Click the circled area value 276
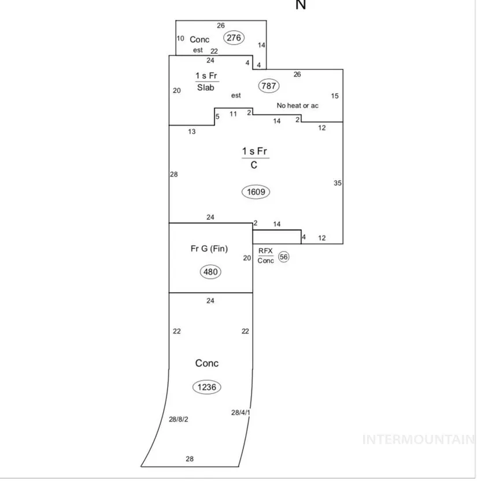pos(234,38)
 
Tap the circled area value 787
pos(269,86)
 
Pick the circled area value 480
pos(210,271)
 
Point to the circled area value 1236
pos(206,387)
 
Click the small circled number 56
pos(283,257)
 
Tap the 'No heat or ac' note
pos(298,106)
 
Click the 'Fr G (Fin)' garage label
pos(209,249)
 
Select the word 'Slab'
pos(206,88)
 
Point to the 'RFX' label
pos(265,250)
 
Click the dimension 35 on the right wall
pos(338,183)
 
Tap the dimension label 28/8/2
pos(179,419)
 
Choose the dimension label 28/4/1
pos(240,413)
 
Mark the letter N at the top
pos(301,5)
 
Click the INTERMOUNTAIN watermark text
pos(419,440)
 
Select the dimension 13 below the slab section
pos(192,132)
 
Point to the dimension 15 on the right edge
pos(335,96)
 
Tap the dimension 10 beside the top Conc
pos(180,39)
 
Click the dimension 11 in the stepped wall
pos(233,114)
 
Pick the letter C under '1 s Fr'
pos(254,165)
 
